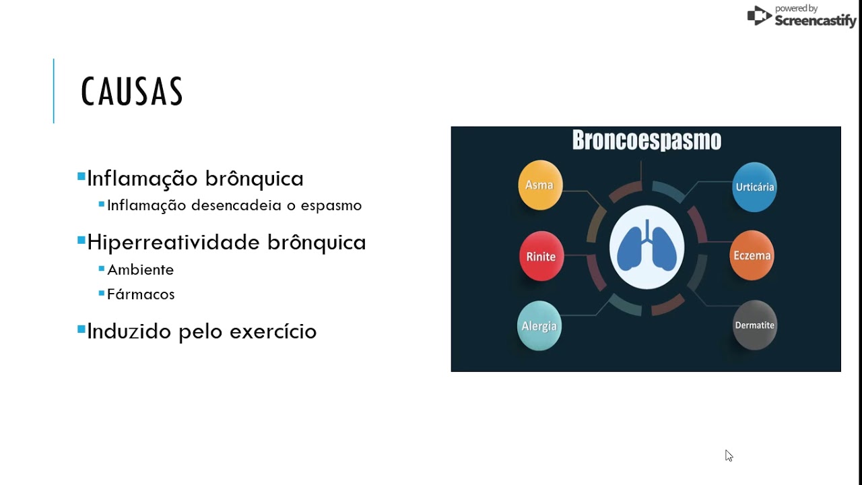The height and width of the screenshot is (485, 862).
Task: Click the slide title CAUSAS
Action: pyautogui.click(x=132, y=91)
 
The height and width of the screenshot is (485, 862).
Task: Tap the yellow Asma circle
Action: pyautogui.click(x=540, y=185)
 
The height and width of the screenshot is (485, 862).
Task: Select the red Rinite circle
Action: pyautogui.click(x=541, y=257)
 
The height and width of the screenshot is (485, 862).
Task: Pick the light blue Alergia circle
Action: pyautogui.click(x=539, y=325)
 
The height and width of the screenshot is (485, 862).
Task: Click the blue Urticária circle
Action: pyautogui.click(x=754, y=187)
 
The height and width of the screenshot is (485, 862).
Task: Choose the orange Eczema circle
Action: pyautogui.click(x=752, y=255)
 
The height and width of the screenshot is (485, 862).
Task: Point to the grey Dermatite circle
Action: pyautogui.click(x=754, y=325)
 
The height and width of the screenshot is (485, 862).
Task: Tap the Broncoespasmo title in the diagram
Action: pyautogui.click(x=647, y=139)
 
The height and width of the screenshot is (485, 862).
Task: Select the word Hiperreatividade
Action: pyautogui.click(x=173, y=243)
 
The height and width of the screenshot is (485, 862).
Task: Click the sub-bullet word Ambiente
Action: pyautogui.click(x=141, y=270)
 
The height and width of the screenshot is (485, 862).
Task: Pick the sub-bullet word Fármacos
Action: pyautogui.click(x=141, y=294)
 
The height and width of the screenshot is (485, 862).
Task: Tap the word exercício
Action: pyautogui.click(x=273, y=331)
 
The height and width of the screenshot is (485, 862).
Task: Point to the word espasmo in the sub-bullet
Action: pyautogui.click(x=331, y=206)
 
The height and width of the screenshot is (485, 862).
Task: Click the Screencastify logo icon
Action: pyautogui.click(x=759, y=15)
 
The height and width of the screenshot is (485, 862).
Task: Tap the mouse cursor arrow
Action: pyautogui.click(x=729, y=455)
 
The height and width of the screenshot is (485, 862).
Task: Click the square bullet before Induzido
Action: pyautogui.click(x=81, y=329)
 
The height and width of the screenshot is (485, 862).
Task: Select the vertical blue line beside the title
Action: pyautogui.click(x=53, y=91)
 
